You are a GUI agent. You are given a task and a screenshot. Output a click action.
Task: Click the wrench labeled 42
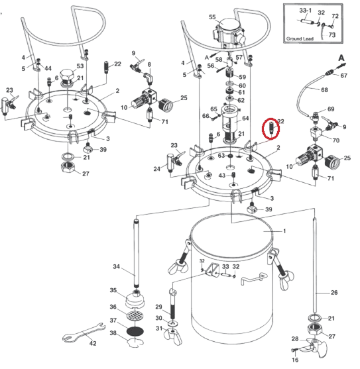84,333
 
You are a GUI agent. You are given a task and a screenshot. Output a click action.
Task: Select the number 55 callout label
212,17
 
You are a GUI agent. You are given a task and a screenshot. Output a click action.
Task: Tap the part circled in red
271,128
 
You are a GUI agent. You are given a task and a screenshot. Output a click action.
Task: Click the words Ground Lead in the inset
300,38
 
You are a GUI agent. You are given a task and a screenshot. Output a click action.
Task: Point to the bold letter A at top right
341,58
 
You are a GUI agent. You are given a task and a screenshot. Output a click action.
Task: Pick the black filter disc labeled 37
135,331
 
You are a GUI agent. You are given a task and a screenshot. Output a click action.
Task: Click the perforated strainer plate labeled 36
135,315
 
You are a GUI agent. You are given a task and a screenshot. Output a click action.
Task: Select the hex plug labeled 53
67,75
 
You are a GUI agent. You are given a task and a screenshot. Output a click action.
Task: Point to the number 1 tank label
284,231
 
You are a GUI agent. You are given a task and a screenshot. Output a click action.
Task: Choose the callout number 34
116,266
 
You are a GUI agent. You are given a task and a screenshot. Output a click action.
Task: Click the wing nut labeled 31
173,335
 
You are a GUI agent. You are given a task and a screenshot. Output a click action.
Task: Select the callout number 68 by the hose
324,90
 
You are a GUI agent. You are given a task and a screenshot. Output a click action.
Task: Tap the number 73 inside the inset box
331,35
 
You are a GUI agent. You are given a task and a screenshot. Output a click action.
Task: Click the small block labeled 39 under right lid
252,208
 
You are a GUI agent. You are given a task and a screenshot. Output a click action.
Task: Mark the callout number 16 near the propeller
295,360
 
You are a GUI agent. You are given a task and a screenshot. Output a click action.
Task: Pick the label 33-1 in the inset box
305,11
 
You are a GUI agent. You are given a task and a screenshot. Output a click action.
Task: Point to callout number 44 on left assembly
48,68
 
